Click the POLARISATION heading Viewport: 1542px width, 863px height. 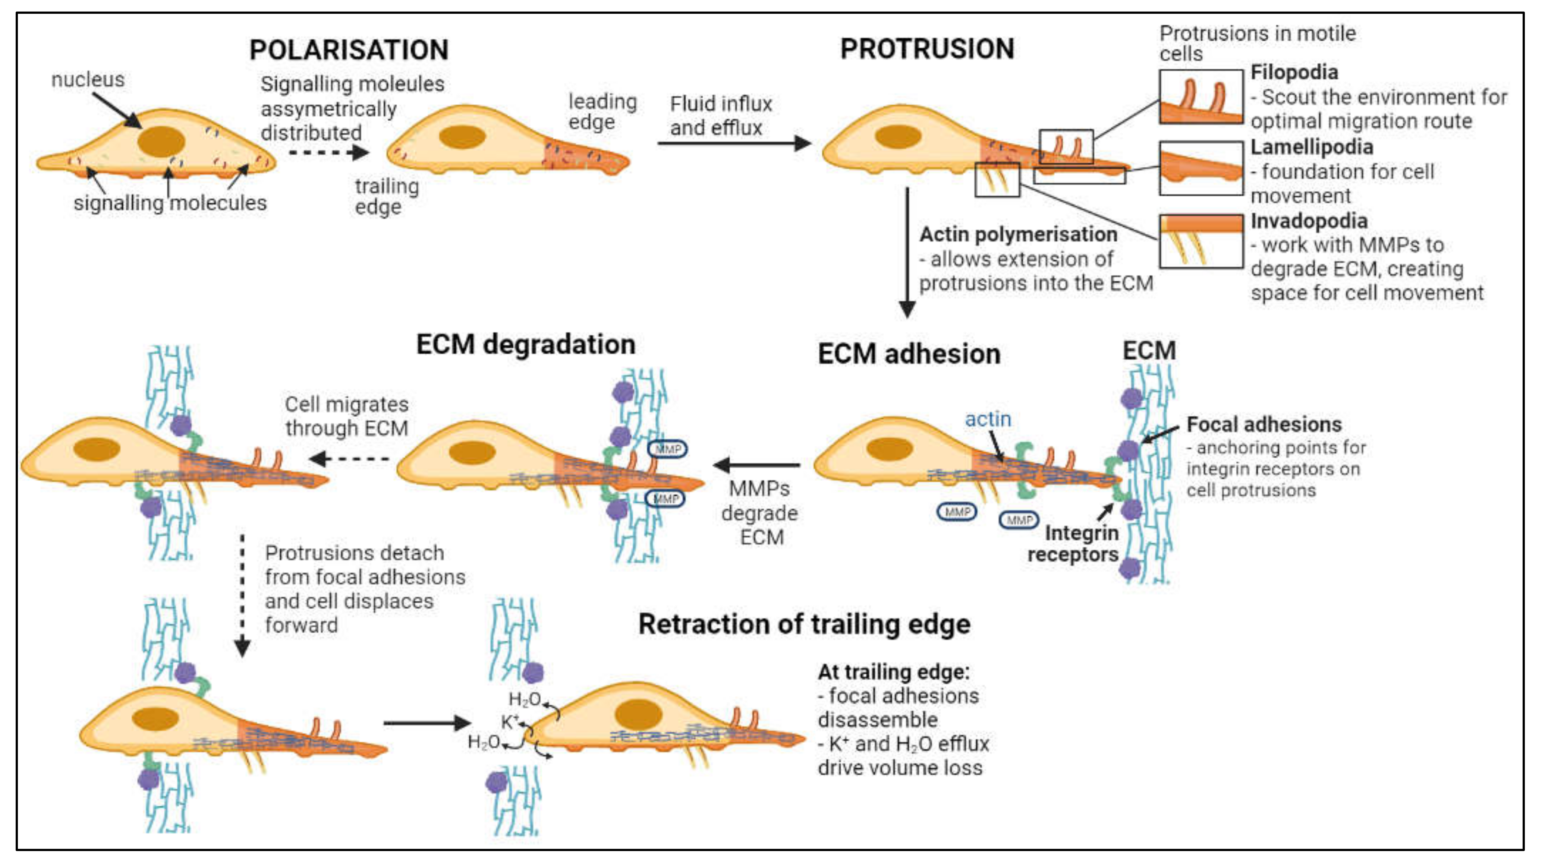[x=349, y=50]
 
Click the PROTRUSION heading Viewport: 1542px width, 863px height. [x=927, y=48]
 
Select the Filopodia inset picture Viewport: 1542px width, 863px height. [x=1201, y=97]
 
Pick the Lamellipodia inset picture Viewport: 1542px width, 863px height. [x=1201, y=168]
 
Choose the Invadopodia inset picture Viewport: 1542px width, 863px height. [x=1201, y=241]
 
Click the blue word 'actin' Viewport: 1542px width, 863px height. [x=988, y=419]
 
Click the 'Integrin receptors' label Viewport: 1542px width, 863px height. [x=1073, y=543]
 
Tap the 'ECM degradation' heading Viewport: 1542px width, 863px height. [x=526, y=345]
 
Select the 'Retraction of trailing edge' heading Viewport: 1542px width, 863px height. [x=804, y=624]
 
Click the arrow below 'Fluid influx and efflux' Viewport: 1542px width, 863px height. [x=734, y=143]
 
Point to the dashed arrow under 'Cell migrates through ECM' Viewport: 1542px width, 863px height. [x=349, y=459]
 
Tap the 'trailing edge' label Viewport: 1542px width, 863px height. [x=387, y=196]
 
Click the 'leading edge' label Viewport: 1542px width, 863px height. [x=602, y=111]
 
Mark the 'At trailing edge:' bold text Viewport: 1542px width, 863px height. [x=894, y=671]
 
